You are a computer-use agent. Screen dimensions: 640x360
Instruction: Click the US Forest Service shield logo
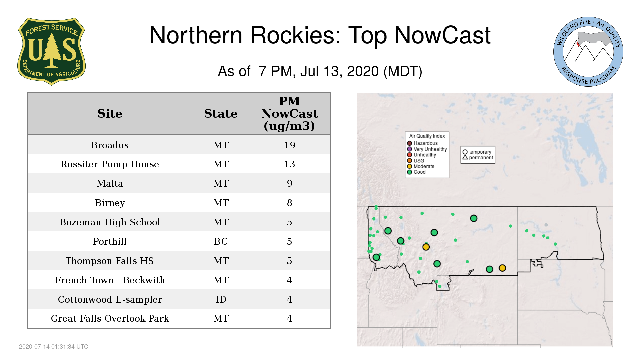(51, 51)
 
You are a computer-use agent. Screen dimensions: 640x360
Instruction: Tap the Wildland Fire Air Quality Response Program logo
(588, 52)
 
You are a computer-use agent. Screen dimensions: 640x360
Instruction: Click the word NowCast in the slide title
(442, 35)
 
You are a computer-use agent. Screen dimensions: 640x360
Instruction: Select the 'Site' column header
(110, 114)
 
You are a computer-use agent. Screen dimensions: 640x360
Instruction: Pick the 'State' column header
(221, 114)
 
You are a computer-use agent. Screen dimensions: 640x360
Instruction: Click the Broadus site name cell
(110, 145)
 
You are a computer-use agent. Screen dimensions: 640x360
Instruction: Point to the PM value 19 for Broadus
(290, 145)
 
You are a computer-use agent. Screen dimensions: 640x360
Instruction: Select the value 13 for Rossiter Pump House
(290, 164)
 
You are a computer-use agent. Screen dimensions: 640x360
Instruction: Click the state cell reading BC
(221, 241)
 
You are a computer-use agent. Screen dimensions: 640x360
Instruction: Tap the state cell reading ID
(221, 299)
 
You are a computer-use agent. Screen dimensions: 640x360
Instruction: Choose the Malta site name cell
(110, 183)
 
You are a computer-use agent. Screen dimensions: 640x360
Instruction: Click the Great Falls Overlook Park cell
(110, 318)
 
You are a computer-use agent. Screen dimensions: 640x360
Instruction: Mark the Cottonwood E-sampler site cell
(110, 299)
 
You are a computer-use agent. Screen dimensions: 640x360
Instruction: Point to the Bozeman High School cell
(110, 222)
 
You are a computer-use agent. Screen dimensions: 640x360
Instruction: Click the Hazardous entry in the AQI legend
(422, 143)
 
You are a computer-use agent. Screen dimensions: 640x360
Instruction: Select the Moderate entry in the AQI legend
(421, 166)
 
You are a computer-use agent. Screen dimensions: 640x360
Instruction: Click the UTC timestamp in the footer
(54, 347)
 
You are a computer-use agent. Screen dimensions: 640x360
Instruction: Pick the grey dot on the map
(546, 225)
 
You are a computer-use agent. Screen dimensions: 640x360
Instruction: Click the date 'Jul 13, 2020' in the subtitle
(339, 71)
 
